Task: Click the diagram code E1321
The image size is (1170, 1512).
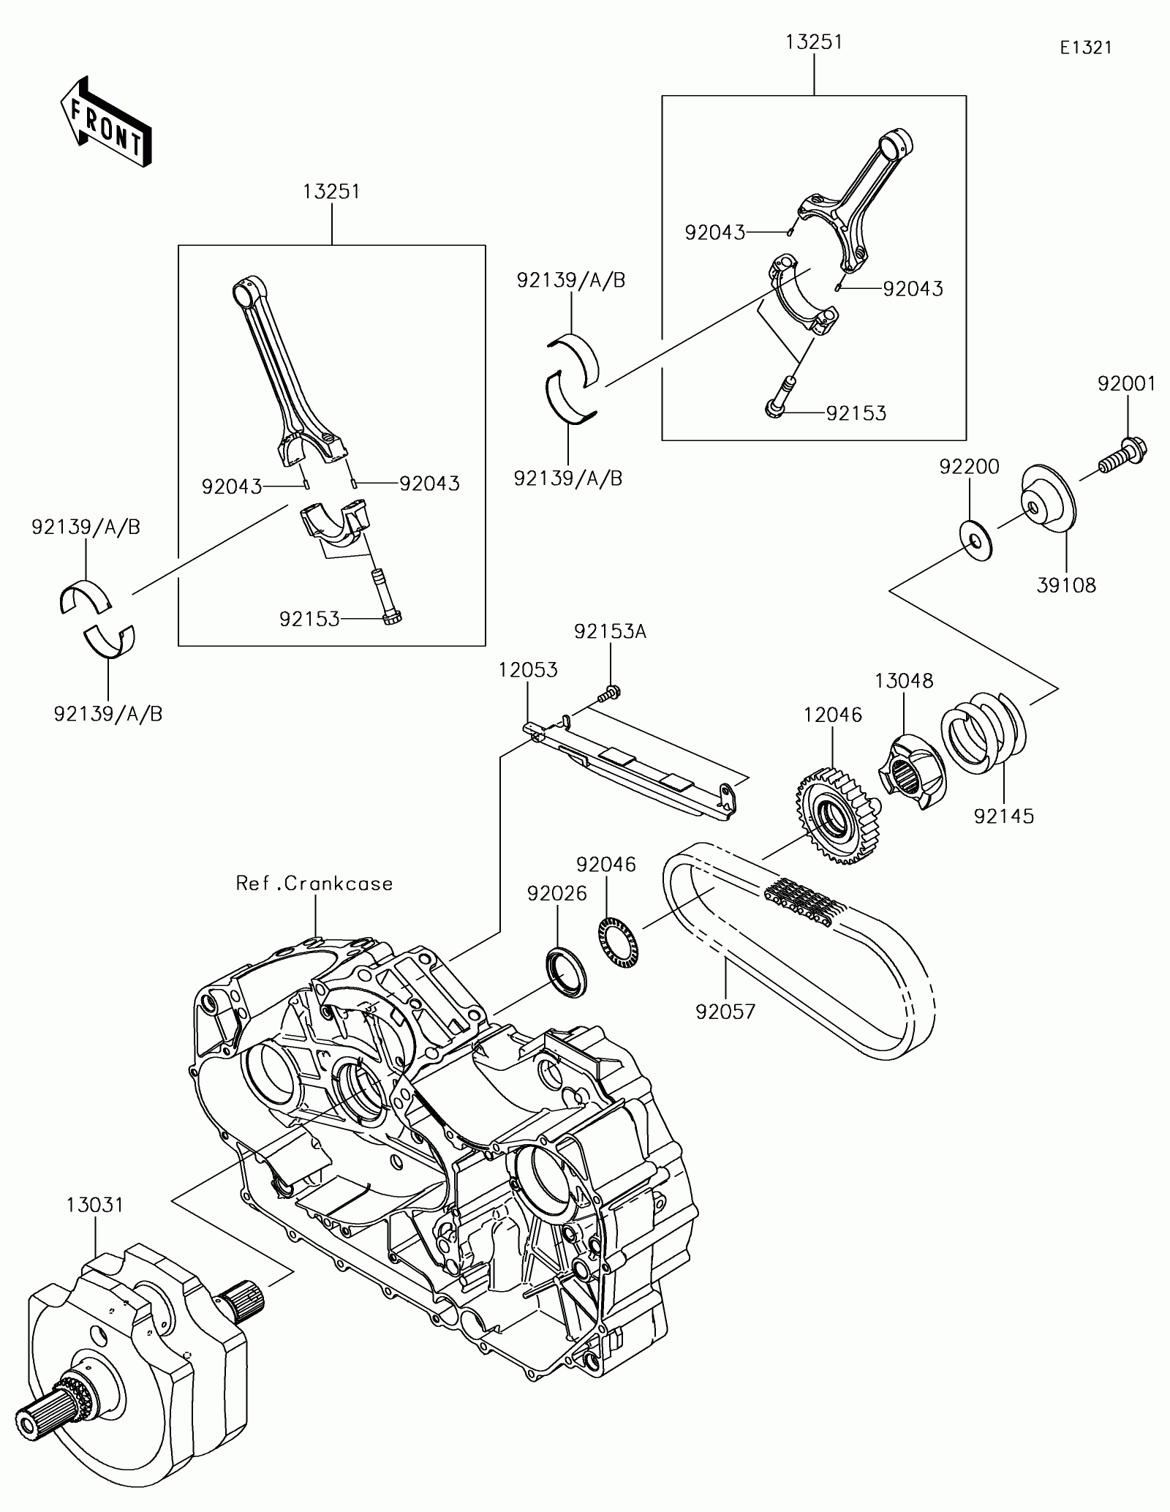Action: click(1087, 48)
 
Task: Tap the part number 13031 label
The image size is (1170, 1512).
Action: click(95, 1205)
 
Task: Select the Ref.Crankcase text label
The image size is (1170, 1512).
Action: click(314, 883)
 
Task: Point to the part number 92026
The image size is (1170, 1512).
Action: click(556, 893)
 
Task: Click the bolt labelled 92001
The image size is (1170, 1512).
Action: click(1122, 454)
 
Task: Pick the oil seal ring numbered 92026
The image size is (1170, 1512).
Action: click(567, 972)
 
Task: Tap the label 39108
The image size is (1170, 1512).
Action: click(1066, 585)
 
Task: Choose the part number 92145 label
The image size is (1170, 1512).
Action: click(1004, 816)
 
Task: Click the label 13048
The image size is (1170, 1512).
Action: click(904, 681)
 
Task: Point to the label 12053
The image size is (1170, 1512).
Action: click(528, 670)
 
